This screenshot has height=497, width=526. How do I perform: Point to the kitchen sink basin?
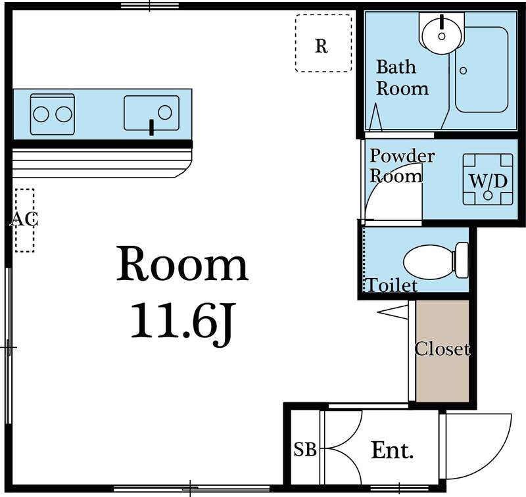[152, 112]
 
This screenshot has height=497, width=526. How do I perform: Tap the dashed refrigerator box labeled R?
[322, 43]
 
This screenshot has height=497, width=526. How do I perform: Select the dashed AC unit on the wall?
[24, 220]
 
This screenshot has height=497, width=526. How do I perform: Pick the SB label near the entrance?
[304, 450]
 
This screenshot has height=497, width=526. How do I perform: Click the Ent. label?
[393, 450]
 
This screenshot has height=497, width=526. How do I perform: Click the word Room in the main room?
[182, 265]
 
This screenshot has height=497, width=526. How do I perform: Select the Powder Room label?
[401, 166]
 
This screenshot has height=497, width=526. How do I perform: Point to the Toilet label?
[392, 285]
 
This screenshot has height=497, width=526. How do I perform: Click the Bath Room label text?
[401, 78]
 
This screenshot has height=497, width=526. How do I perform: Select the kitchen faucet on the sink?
[152, 126]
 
